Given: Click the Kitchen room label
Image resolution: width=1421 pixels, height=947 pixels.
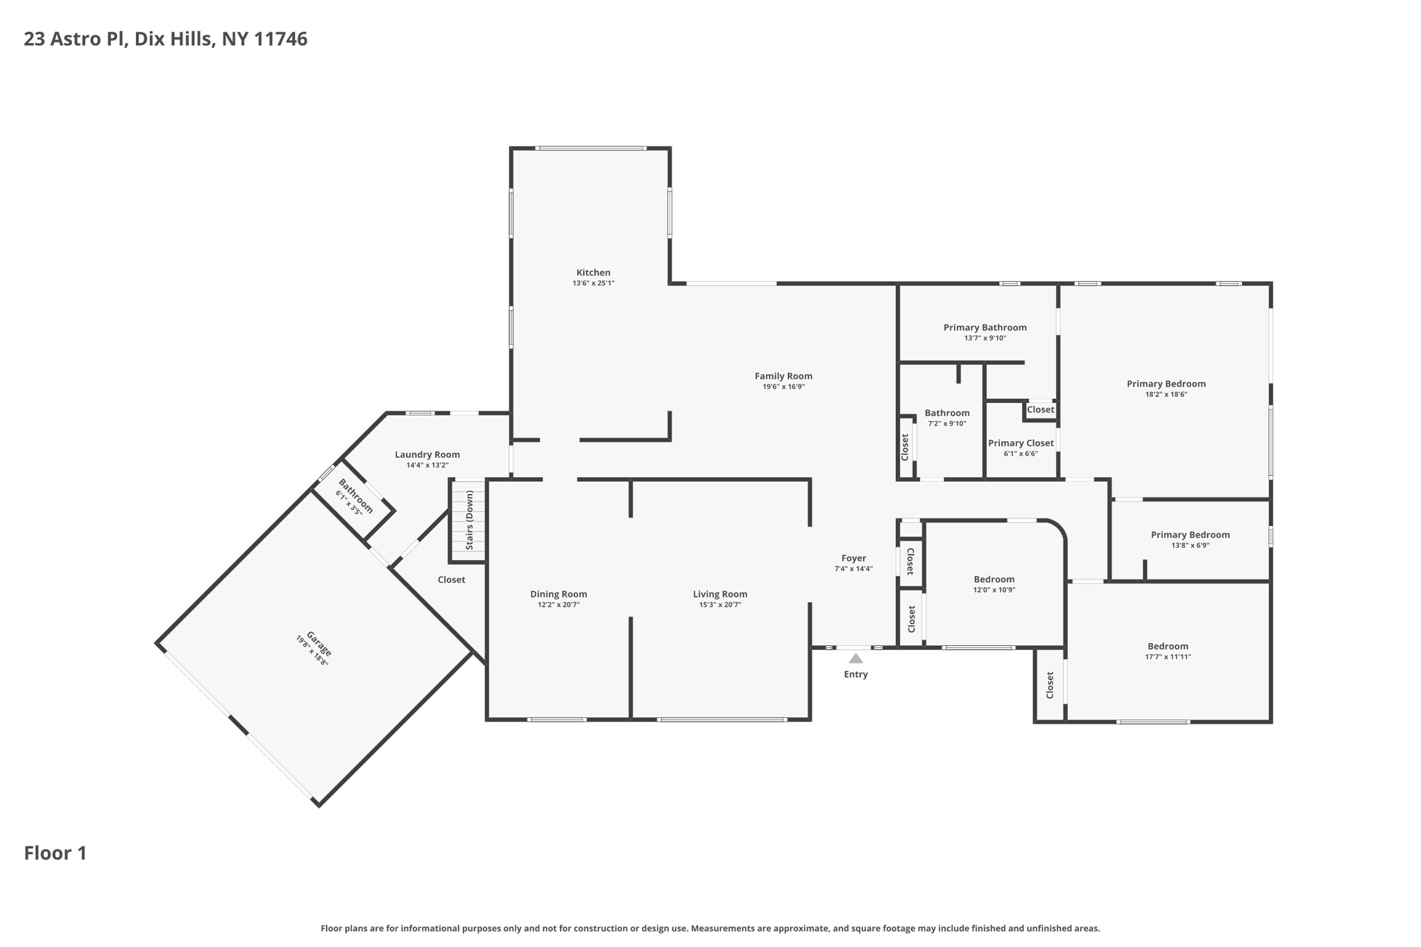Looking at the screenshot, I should coord(593,273).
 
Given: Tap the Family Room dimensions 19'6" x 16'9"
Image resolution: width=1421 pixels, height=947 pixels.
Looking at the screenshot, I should coord(783,387).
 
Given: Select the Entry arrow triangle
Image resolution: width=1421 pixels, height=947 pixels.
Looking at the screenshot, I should coord(856,658).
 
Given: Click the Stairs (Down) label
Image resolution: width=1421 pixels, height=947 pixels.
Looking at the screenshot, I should coord(470,520).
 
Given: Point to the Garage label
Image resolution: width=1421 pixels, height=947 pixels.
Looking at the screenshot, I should coord(319,644).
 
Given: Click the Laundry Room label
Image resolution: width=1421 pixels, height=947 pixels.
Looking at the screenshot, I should coord(427,454).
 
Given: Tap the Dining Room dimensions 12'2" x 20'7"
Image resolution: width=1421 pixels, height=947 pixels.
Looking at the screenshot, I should coord(559,605).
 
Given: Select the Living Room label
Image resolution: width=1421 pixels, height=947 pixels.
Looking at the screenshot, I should coord(720,594).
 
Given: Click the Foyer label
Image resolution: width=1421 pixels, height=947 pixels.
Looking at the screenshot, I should coord(853,558).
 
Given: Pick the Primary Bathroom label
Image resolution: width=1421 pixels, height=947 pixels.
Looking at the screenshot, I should coord(985,327).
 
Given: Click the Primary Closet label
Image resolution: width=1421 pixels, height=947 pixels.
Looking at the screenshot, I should coord(1021,443).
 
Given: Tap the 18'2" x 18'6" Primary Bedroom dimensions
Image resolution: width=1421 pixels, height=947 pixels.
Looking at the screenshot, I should coord(1166,395).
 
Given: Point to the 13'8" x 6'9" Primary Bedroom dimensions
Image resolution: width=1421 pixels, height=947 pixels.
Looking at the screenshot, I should coord(1190,545).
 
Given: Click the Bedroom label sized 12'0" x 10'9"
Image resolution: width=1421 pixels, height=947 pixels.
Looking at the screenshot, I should coord(994,579).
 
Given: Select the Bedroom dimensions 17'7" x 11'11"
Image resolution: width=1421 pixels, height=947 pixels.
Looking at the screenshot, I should coord(1168,657).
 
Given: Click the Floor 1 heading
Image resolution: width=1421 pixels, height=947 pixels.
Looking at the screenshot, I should coord(56,853).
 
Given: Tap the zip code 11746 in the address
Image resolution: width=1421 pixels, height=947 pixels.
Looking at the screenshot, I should coord(280,39).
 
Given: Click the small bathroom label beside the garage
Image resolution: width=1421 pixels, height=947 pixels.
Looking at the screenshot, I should coord(355,495).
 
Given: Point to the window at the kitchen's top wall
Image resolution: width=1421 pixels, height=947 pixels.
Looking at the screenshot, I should coord(590,148).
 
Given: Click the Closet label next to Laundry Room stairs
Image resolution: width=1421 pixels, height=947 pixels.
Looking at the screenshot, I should coord(451,579).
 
